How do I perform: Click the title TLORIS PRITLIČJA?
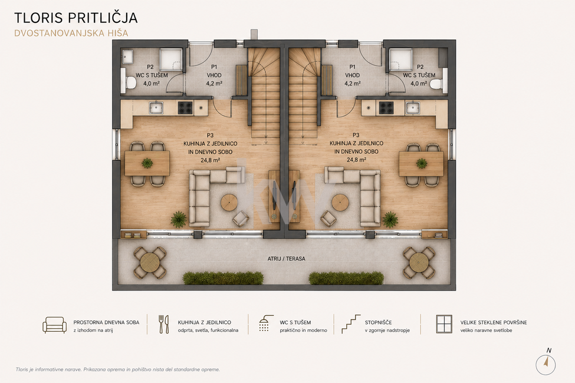pyautogui.click(x=76, y=18)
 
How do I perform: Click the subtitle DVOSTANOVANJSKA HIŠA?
pyautogui.click(x=71, y=33)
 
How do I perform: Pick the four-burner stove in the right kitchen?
pyautogui.click(x=386, y=108)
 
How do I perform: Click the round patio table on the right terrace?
pyautogui.click(x=419, y=262)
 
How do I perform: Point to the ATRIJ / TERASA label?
pyautogui.click(x=287, y=259)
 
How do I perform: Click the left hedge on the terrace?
pyautogui.click(x=223, y=278)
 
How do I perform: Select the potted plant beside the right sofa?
pyautogui.click(x=390, y=219)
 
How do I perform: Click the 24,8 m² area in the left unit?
pyautogui.click(x=211, y=160)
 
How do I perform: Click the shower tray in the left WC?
pyautogui.click(x=171, y=59)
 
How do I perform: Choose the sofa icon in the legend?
pyautogui.click(x=55, y=325)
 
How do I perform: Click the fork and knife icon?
pyautogui.click(x=164, y=324)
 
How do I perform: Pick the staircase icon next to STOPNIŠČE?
pyautogui.click(x=351, y=324)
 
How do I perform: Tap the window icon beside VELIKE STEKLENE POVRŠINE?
pyautogui.click(x=444, y=324)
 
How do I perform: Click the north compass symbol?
pyautogui.click(x=546, y=363)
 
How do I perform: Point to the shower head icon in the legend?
pyautogui.click(x=266, y=323)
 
